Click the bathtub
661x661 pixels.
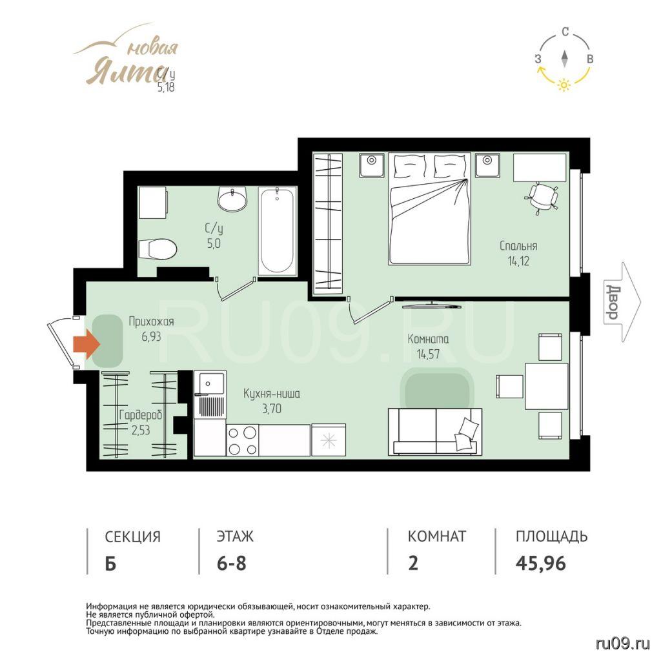[276, 231]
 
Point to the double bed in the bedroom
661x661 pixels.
[429, 208]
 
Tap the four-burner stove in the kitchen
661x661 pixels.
[243, 440]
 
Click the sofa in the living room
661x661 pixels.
[435, 431]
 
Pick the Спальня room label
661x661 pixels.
[518, 246]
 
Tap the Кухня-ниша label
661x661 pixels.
[272, 394]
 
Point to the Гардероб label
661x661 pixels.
[140, 416]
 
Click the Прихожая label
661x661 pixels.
[151, 321]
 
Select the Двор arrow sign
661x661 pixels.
[622, 302]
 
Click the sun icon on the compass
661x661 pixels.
[564, 85]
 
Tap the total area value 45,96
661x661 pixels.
[540, 563]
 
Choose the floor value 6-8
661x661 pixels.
[232, 563]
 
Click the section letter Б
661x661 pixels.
[110, 563]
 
